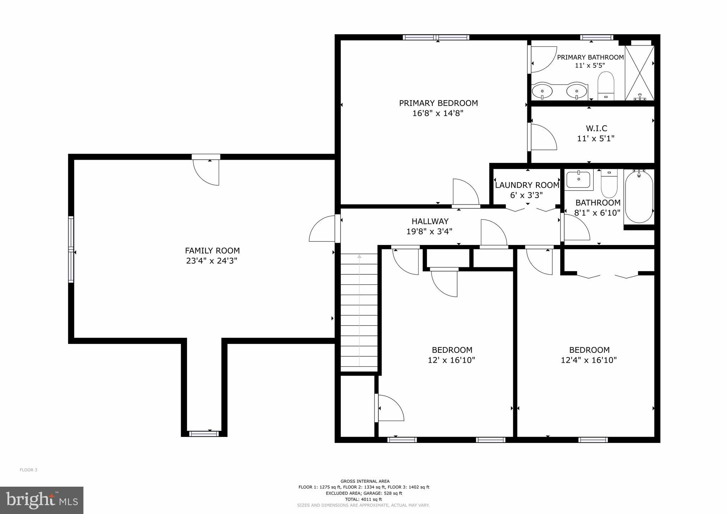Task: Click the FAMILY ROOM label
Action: pos(212,251)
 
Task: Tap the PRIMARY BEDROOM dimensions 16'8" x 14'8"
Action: pos(438,114)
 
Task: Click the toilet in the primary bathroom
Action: pos(606,85)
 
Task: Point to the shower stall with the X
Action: pos(639,73)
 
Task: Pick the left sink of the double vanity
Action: pos(542,91)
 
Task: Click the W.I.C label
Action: pos(596,128)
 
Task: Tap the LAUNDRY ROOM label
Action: pos(527,185)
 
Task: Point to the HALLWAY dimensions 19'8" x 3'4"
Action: pos(429,232)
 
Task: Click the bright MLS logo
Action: pos(42,500)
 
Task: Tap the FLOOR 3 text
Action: pos(28,470)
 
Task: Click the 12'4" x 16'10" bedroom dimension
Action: pos(589,360)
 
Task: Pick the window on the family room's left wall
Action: pos(71,249)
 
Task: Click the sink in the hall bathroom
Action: pos(578,179)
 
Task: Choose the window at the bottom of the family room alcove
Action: pos(203,433)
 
